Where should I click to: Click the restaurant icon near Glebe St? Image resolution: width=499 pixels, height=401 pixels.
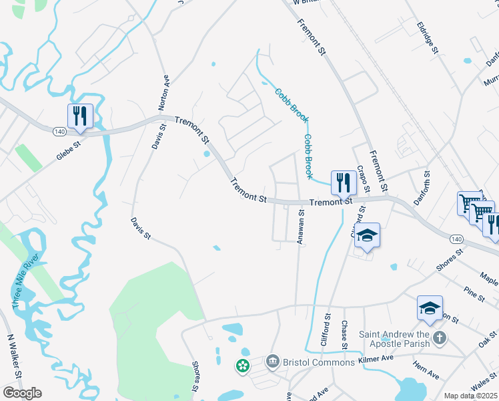(79, 116)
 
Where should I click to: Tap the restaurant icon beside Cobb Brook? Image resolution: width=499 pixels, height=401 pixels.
(343, 182)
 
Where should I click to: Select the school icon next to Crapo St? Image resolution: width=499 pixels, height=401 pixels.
(367, 235)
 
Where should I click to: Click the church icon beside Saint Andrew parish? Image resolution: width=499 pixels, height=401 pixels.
(439, 338)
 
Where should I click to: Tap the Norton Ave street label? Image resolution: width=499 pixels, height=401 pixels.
(165, 94)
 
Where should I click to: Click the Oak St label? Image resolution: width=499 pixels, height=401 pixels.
(488, 340)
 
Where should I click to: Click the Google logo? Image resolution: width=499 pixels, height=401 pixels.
(22, 393)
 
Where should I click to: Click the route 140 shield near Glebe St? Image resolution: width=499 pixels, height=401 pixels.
(60, 132)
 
